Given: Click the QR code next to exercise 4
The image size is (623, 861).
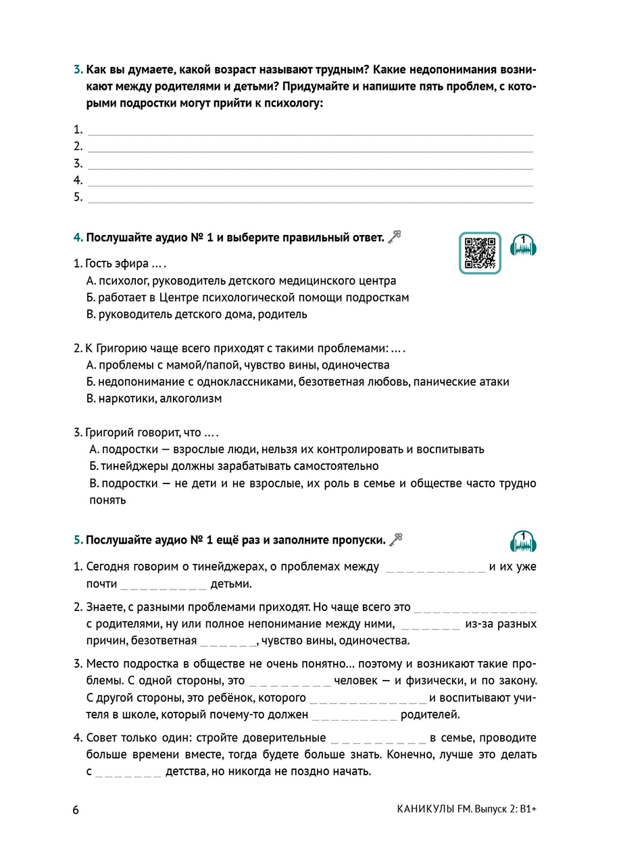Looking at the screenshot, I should click(x=480, y=253).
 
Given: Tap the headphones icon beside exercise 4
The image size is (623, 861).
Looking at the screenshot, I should click(x=523, y=246).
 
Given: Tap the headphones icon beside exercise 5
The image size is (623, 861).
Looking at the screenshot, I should click(x=523, y=542).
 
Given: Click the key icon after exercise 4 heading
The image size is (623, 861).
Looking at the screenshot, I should click(x=395, y=237).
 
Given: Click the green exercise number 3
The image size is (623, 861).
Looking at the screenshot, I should click(x=77, y=70).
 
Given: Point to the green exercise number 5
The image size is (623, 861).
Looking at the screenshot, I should click(x=77, y=540).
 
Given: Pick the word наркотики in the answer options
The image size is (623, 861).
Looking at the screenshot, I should click(x=120, y=398).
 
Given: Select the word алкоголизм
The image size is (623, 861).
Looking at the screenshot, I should click(x=193, y=398).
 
